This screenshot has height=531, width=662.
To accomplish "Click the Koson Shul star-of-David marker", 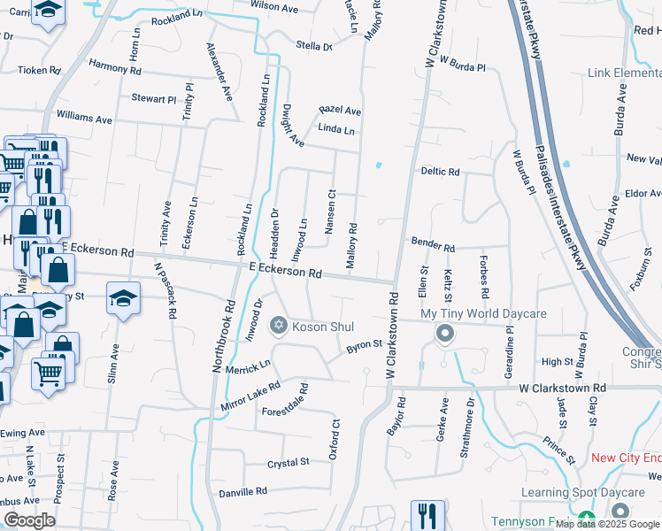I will click(280, 327).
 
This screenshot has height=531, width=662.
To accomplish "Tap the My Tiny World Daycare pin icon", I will click(445, 334).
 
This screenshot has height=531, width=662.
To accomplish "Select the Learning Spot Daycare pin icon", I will click(620, 512).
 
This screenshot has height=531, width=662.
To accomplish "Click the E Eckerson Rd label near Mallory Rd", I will click(285, 272).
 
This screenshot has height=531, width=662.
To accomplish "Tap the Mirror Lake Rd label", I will click(250, 397).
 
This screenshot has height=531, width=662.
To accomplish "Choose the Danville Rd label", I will click(242, 491).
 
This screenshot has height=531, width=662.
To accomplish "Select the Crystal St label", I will click(289, 462).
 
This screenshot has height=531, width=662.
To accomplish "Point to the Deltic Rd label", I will click(440, 172).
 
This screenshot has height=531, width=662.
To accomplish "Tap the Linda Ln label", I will click(335, 130).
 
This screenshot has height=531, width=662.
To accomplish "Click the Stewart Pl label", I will click(154, 99).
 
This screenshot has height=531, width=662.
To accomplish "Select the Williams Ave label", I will click(84, 117).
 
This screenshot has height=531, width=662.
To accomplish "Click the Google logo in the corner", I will click(29, 520).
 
